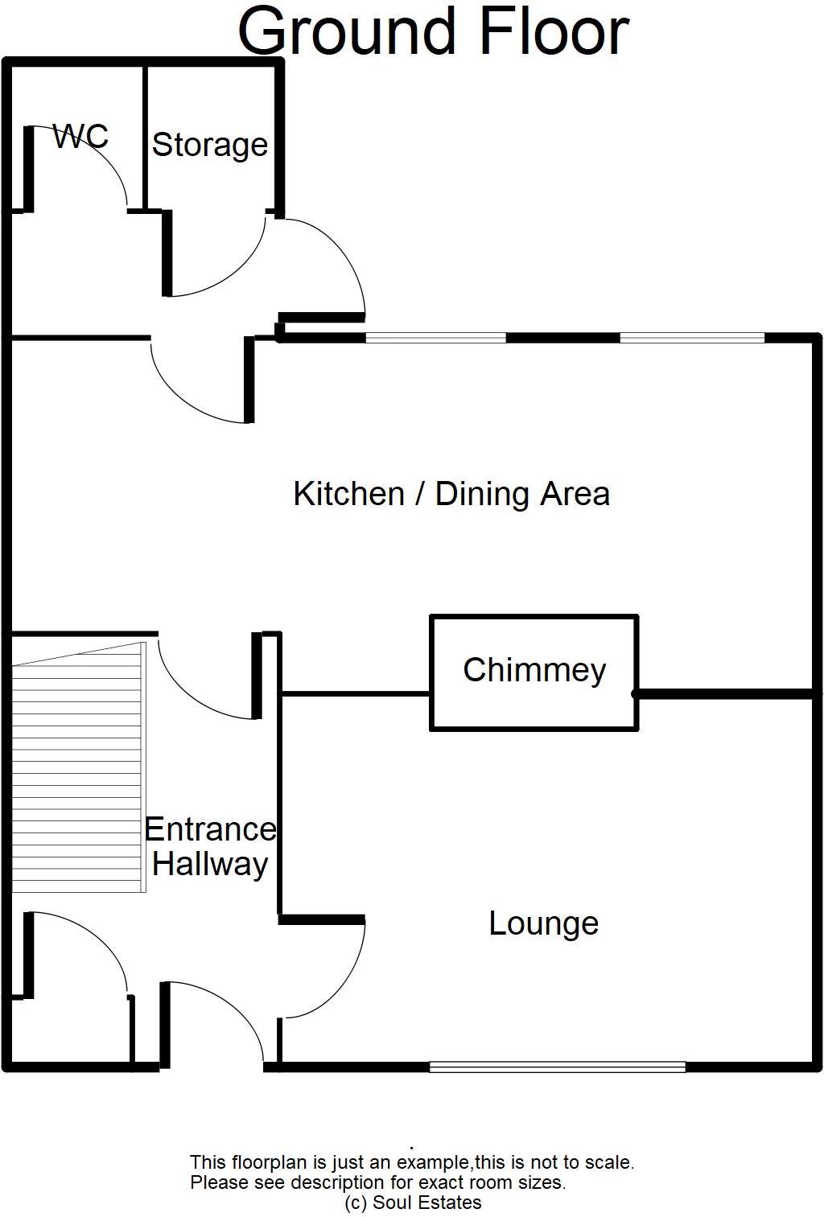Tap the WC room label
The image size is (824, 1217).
(80, 136)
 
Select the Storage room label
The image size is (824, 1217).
(210, 145)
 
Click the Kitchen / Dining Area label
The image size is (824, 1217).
(451, 494)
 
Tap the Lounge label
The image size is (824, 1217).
(543, 923)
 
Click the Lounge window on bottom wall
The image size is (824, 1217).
(557, 1067)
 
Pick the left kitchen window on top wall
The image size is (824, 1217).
(435, 338)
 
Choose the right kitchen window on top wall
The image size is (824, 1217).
(692, 338)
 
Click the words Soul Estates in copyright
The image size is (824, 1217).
(426, 1203)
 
